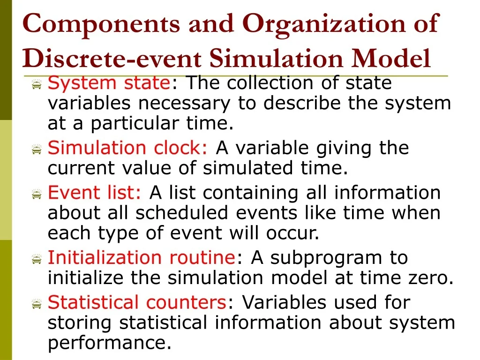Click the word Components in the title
tap(101, 23)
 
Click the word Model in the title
tap(392, 58)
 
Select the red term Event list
tap(94, 193)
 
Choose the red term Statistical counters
tap(137, 302)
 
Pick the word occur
tap(296, 233)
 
